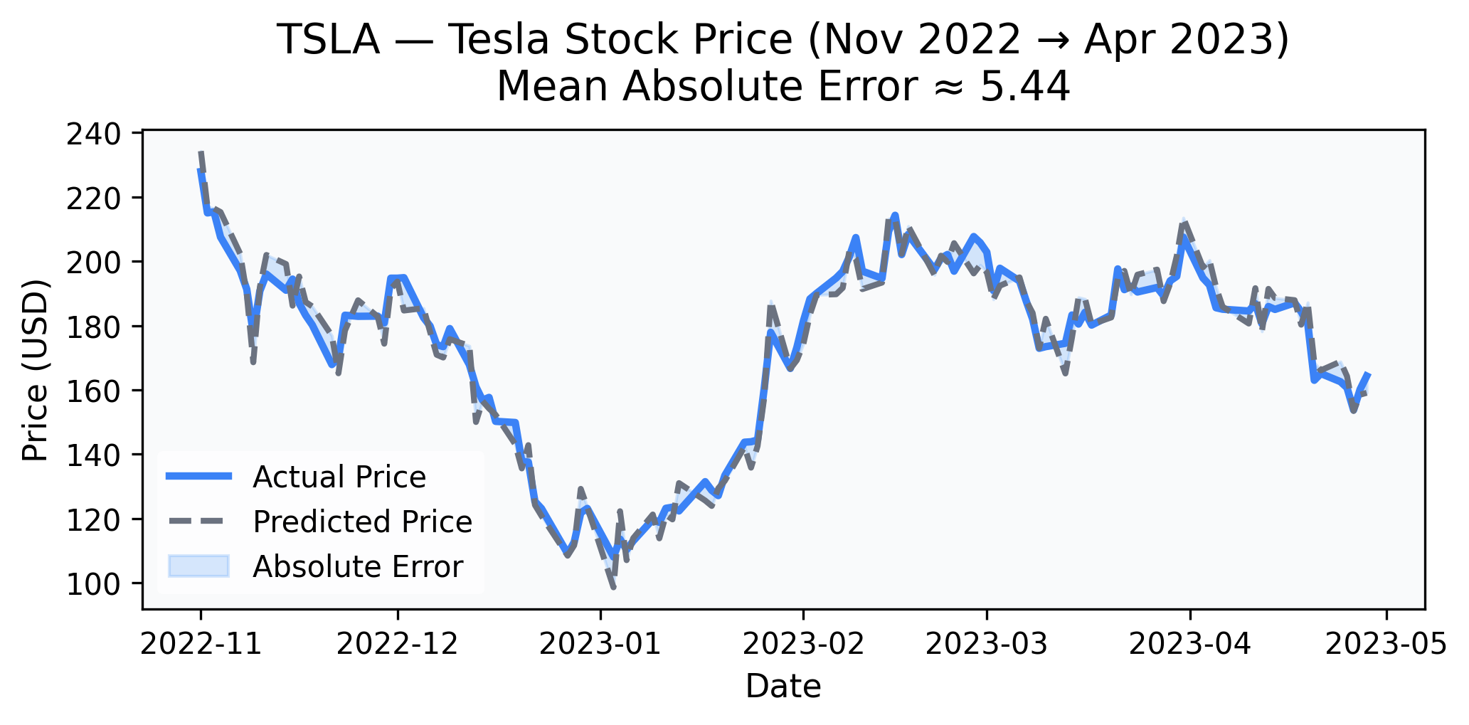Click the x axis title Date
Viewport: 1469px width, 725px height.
[x=783, y=687]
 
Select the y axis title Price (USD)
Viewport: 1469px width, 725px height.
[x=36, y=370]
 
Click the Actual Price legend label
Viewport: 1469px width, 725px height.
[x=339, y=477]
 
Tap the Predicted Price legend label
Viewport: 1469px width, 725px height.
[x=362, y=522]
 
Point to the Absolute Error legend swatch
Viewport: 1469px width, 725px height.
[x=198, y=566]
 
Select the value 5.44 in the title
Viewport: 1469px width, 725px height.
[x=1024, y=88]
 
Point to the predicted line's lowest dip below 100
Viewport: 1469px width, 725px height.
[x=612, y=587]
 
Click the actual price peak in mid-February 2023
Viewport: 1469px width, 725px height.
[x=895, y=215]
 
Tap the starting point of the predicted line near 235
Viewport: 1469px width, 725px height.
[x=201, y=152]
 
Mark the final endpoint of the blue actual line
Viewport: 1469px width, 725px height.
[x=1369, y=374]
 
